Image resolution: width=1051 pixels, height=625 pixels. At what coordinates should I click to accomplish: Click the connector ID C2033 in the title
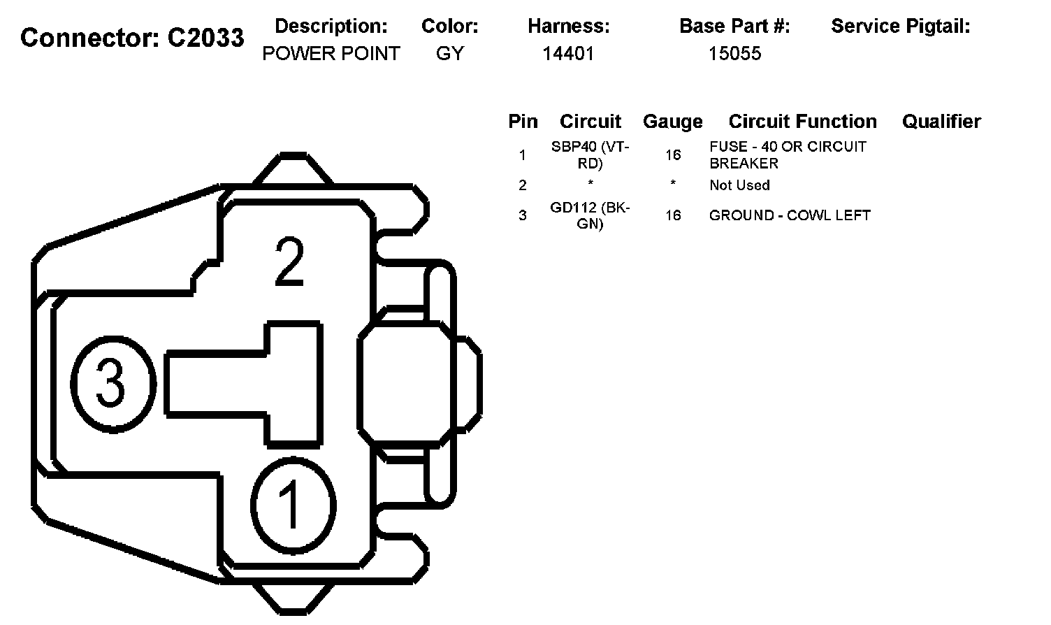tap(205, 37)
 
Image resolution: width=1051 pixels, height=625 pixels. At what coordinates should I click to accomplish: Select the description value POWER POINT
tap(331, 54)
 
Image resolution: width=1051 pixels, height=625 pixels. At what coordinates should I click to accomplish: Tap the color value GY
tap(449, 54)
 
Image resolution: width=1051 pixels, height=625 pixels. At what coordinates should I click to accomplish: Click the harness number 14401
tap(568, 54)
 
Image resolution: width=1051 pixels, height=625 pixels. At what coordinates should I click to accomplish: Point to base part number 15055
tap(734, 54)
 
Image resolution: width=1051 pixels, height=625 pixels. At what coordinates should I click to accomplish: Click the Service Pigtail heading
tap(900, 27)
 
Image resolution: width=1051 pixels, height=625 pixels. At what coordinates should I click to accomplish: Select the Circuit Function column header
tap(802, 121)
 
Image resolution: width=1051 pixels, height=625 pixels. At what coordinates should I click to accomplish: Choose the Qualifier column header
tap(941, 121)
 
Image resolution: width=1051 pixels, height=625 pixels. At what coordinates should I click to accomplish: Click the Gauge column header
tap(672, 122)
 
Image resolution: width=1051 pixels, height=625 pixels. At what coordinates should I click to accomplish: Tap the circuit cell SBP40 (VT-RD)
tap(590, 155)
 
